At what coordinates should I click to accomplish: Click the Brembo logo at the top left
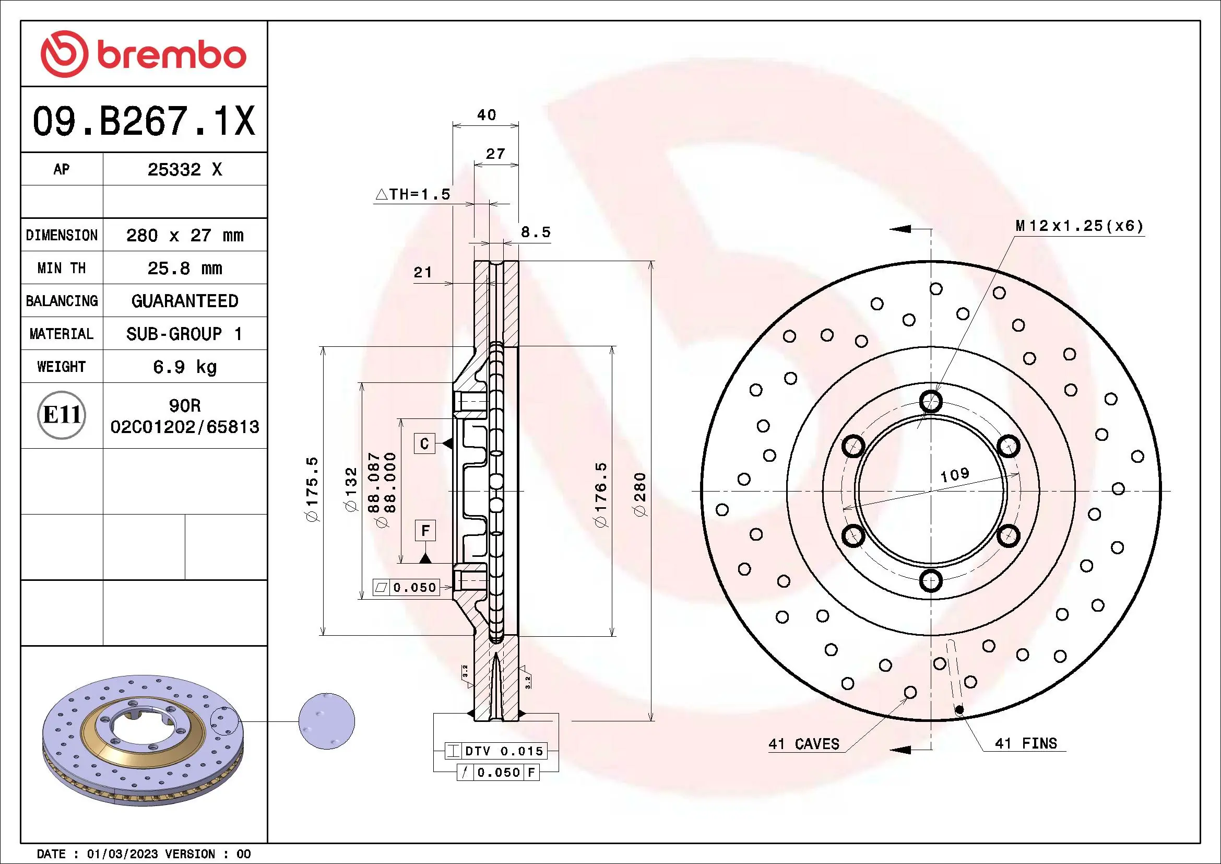(144, 54)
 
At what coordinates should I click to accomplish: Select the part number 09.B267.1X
(144, 121)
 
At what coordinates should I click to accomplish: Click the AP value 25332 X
(184, 170)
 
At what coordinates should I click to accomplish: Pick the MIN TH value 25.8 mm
(184, 268)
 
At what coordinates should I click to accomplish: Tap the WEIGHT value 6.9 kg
(184, 367)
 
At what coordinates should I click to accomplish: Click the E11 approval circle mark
(62, 415)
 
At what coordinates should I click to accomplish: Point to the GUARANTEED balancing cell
(184, 301)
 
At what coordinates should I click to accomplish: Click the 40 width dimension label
(486, 115)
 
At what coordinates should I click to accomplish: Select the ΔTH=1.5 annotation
(413, 195)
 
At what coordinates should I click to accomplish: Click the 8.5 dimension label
(535, 232)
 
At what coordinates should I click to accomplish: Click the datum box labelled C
(424, 443)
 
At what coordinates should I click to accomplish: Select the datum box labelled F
(425, 530)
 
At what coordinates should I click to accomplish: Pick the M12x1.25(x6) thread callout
(1079, 226)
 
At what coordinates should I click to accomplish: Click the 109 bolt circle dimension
(955, 474)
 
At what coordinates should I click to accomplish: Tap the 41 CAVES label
(803, 744)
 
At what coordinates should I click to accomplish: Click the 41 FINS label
(1025, 743)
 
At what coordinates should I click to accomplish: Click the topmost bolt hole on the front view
(931, 401)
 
